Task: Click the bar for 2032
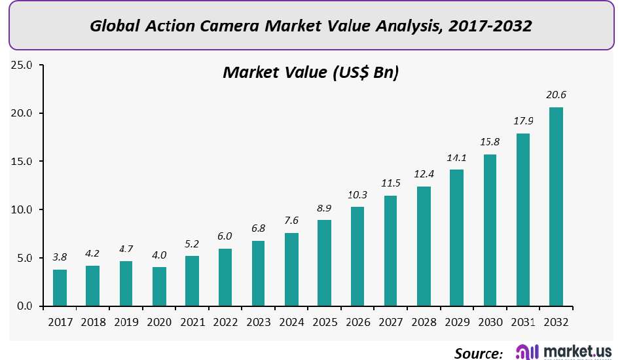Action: [x=556, y=207]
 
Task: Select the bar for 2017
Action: [x=60, y=288]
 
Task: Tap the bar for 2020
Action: [x=159, y=287]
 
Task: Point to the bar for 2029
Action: [x=456, y=238]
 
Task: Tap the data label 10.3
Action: [x=357, y=195]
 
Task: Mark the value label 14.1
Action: [x=456, y=158]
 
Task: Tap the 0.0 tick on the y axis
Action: [x=24, y=306]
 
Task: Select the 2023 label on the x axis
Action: [x=258, y=322]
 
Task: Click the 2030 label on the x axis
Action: [x=490, y=322]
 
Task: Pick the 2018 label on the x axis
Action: [x=93, y=322]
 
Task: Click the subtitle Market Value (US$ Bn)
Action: [x=311, y=72]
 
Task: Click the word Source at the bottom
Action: [x=479, y=353]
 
